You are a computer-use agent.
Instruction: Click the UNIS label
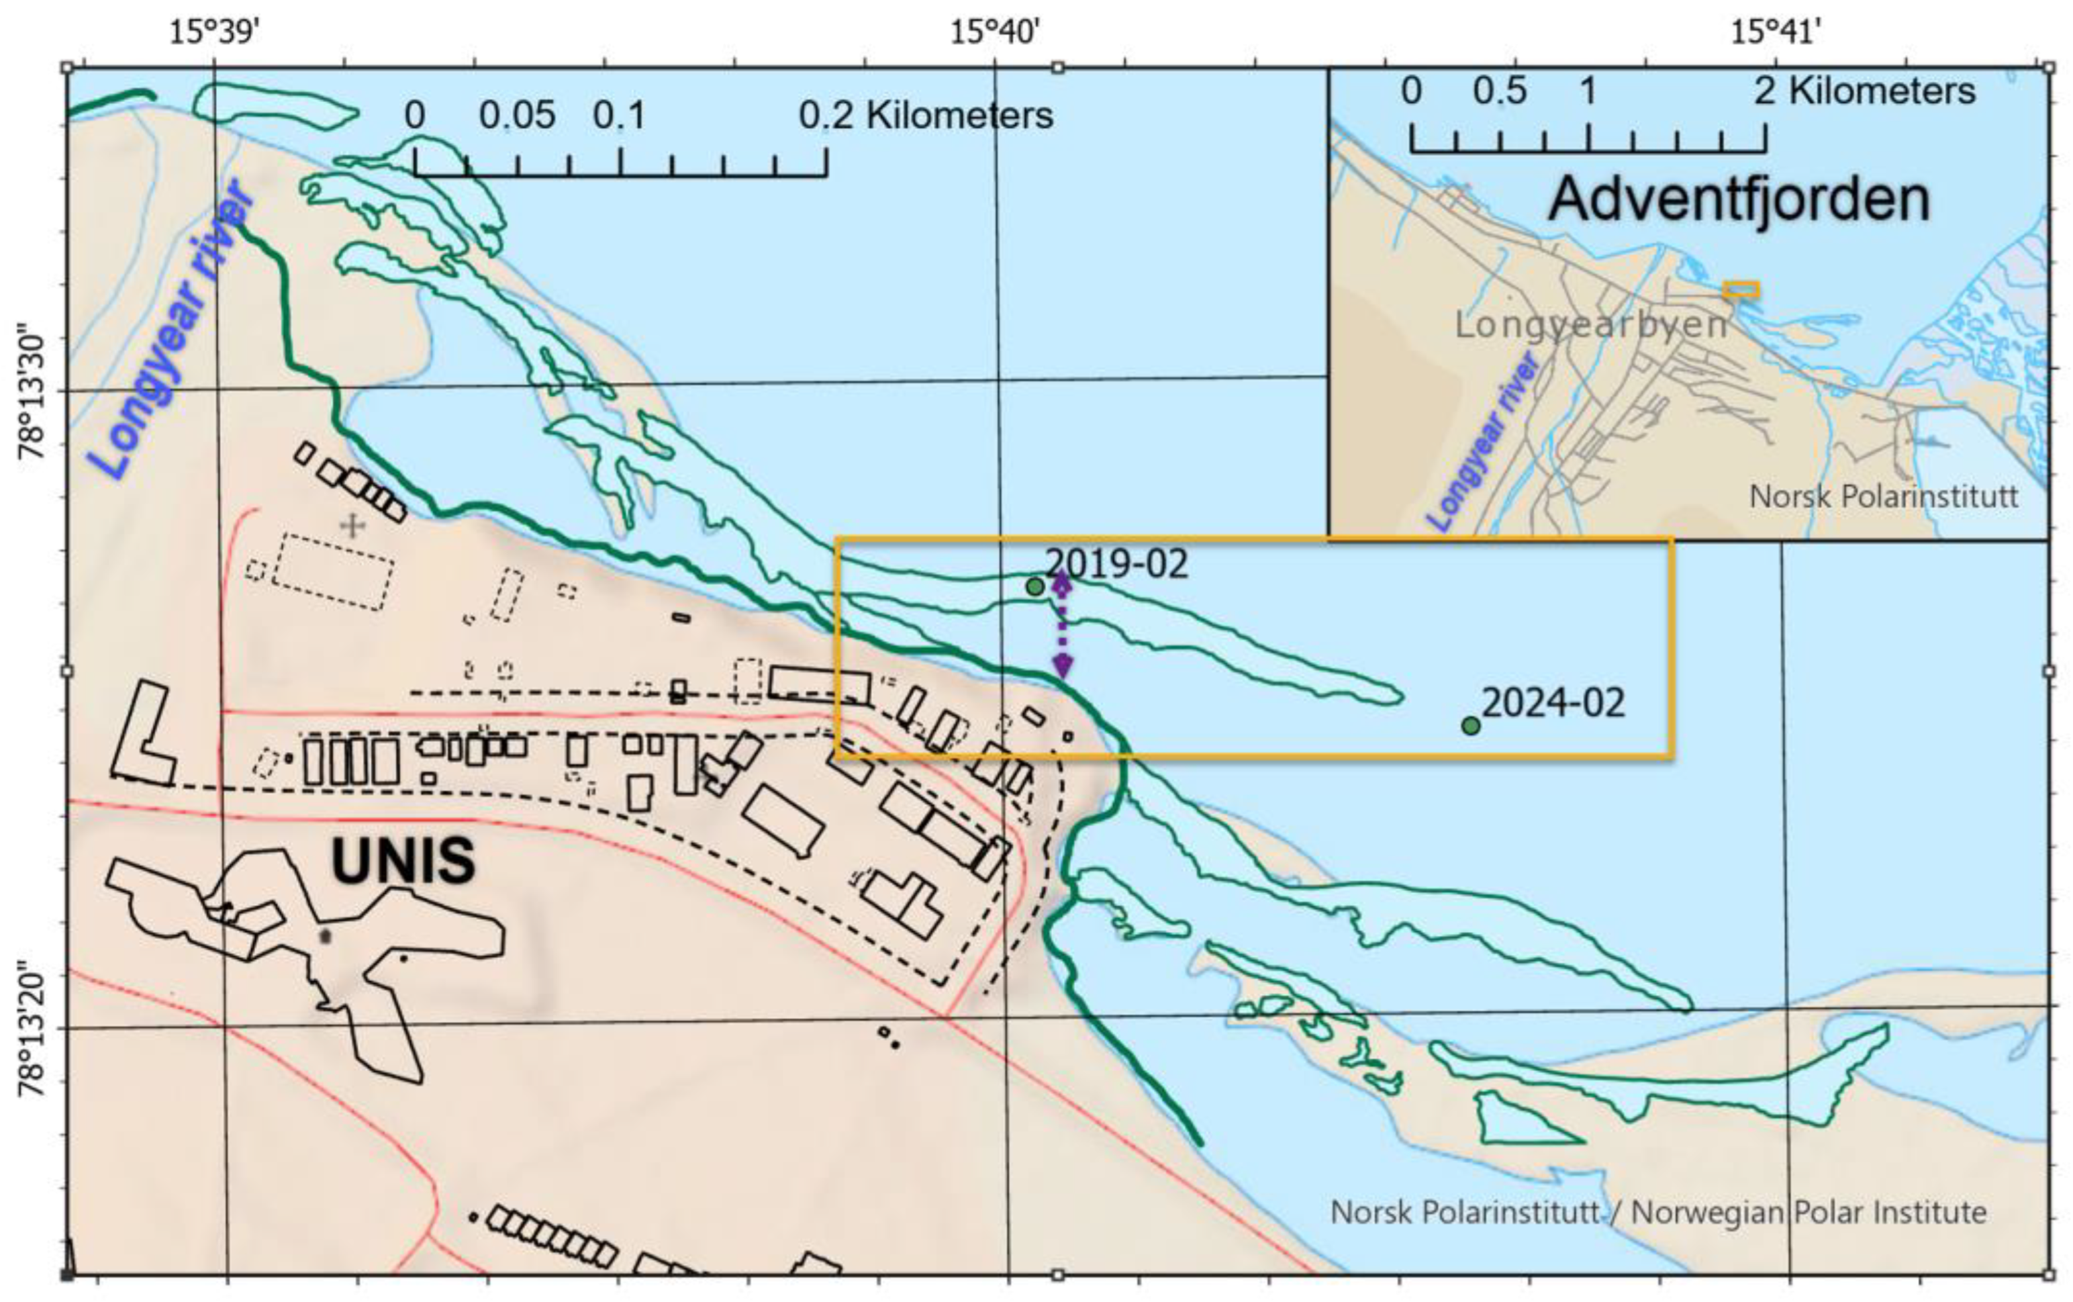pos(403,860)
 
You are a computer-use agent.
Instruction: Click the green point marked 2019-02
pos(1034,586)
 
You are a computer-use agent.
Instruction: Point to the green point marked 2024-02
pos(1470,726)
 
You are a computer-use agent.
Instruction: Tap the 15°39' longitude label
pos(213,33)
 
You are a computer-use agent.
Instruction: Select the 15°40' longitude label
pos(994,33)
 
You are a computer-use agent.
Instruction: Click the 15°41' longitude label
pos(1775,33)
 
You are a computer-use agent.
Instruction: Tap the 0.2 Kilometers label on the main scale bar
pos(926,115)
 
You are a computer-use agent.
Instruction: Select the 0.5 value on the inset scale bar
pos(1500,91)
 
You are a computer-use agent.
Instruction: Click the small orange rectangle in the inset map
pos(1741,290)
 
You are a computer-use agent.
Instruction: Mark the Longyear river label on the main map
pos(177,332)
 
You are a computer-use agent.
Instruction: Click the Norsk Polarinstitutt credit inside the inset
pos(1884,496)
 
